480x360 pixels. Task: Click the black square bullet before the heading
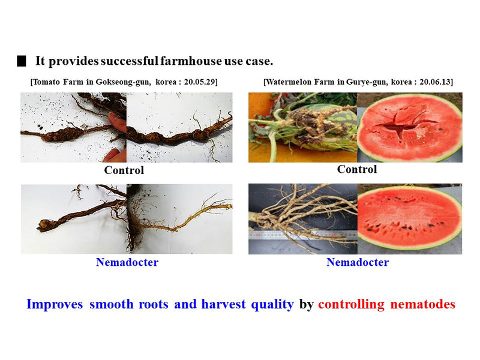(x=22, y=61)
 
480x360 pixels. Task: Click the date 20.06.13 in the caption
(x=436, y=81)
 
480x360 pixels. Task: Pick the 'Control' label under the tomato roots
(x=124, y=170)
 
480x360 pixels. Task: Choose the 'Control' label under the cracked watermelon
(x=357, y=169)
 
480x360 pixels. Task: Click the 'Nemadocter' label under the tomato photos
(x=127, y=262)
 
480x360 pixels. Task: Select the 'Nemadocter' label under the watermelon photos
(x=358, y=262)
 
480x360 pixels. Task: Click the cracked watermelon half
(x=410, y=127)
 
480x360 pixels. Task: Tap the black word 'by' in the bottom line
(x=306, y=304)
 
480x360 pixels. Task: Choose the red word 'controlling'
(x=351, y=304)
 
